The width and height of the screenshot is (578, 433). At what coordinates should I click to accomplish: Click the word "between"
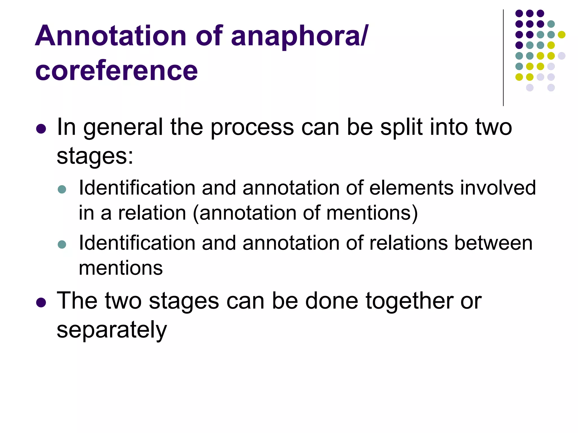tap(493, 243)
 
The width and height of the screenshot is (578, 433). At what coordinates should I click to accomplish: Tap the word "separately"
tap(112, 330)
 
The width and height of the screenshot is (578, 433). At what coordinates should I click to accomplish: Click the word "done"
tap(332, 301)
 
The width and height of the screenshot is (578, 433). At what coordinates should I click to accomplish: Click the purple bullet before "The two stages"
tap(41, 302)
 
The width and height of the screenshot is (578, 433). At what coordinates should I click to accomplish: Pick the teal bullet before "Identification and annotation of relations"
tap(62, 244)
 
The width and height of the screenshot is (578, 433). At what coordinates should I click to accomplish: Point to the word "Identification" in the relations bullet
tap(137, 243)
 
